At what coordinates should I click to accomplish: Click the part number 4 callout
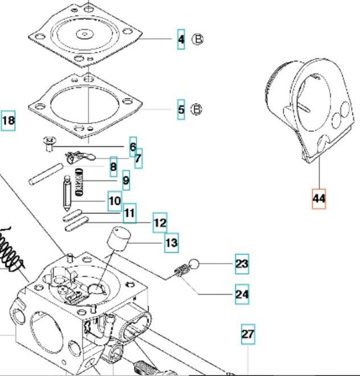[x=181, y=39]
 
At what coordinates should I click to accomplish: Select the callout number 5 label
[x=181, y=109]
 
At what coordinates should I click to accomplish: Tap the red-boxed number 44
[x=319, y=199]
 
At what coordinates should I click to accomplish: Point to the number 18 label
[x=8, y=121]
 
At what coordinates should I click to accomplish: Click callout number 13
[x=171, y=243]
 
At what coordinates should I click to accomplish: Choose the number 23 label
[x=242, y=264]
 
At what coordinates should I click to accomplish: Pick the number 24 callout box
[x=242, y=294]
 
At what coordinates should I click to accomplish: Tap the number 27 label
[x=248, y=334]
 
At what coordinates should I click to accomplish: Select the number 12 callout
[x=160, y=223]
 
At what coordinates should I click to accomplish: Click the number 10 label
[x=115, y=201]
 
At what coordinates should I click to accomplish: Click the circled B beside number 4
[x=198, y=39]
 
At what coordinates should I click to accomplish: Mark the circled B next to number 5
[x=197, y=109]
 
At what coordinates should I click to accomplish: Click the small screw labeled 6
[x=49, y=143]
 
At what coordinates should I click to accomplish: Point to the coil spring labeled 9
[x=79, y=182]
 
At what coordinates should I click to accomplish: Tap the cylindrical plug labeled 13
[x=119, y=239]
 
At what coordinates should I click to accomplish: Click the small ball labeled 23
[x=194, y=264]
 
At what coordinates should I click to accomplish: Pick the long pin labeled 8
[x=46, y=174]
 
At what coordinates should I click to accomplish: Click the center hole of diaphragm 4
[x=85, y=34]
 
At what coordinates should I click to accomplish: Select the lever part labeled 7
[x=80, y=156]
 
